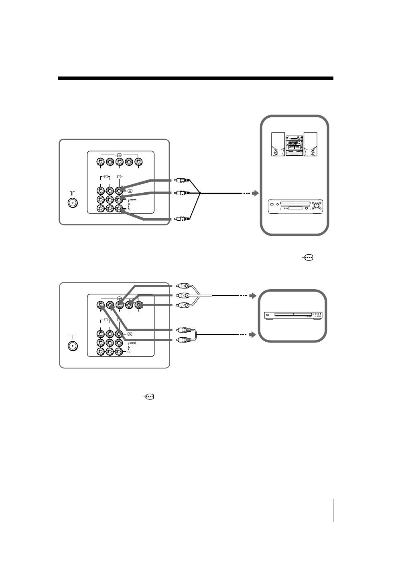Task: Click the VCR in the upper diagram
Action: click(294, 206)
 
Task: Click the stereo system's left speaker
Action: click(278, 145)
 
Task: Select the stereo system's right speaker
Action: click(311, 145)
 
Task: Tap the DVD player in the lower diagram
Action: click(293, 316)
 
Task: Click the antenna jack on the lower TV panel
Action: click(72, 346)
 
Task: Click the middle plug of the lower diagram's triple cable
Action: click(183, 296)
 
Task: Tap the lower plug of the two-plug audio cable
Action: click(183, 340)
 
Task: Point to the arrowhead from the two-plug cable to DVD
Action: click(253, 334)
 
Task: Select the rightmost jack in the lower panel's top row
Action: click(138, 305)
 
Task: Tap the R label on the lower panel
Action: click(128, 352)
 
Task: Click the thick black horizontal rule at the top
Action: click(195, 78)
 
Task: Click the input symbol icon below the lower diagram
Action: click(148, 397)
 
